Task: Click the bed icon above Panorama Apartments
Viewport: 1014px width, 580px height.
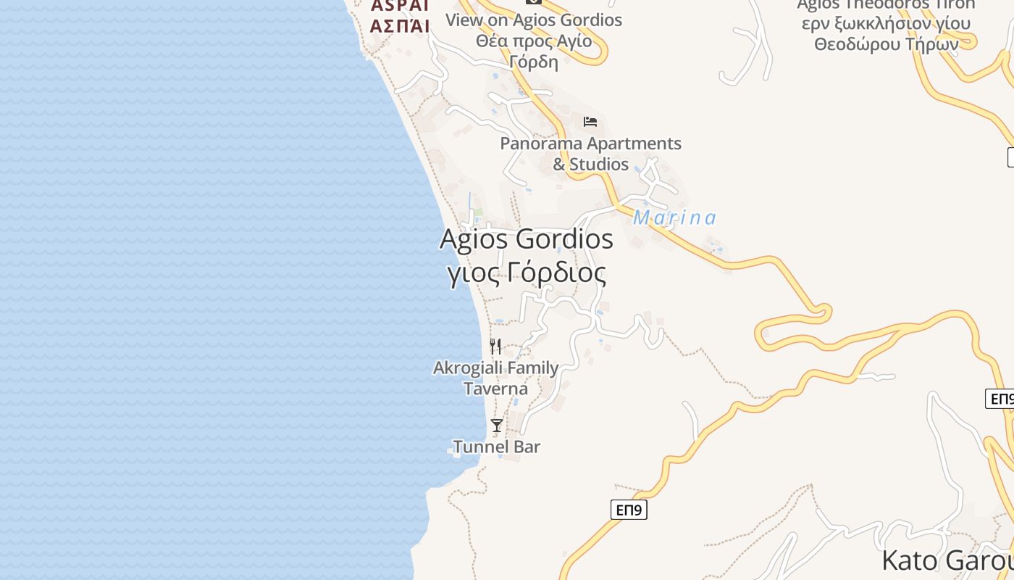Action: point(590,121)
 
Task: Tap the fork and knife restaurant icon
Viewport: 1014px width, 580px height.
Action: point(495,346)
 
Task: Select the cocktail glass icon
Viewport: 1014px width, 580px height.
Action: point(497,426)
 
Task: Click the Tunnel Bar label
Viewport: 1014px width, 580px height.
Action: point(497,447)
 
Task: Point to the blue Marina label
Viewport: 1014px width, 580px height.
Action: point(674,217)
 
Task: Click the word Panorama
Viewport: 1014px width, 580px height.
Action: point(540,144)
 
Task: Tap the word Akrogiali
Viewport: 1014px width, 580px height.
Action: point(468,368)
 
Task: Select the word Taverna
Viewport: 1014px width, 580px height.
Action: point(495,389)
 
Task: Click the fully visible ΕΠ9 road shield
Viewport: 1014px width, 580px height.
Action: point(629,510)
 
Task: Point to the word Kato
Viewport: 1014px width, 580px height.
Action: point(908,561)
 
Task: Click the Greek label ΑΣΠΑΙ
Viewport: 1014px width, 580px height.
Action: point(400,26)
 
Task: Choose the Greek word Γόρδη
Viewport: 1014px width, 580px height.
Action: point(534,62)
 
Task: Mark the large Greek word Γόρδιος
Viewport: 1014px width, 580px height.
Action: point(556,273)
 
